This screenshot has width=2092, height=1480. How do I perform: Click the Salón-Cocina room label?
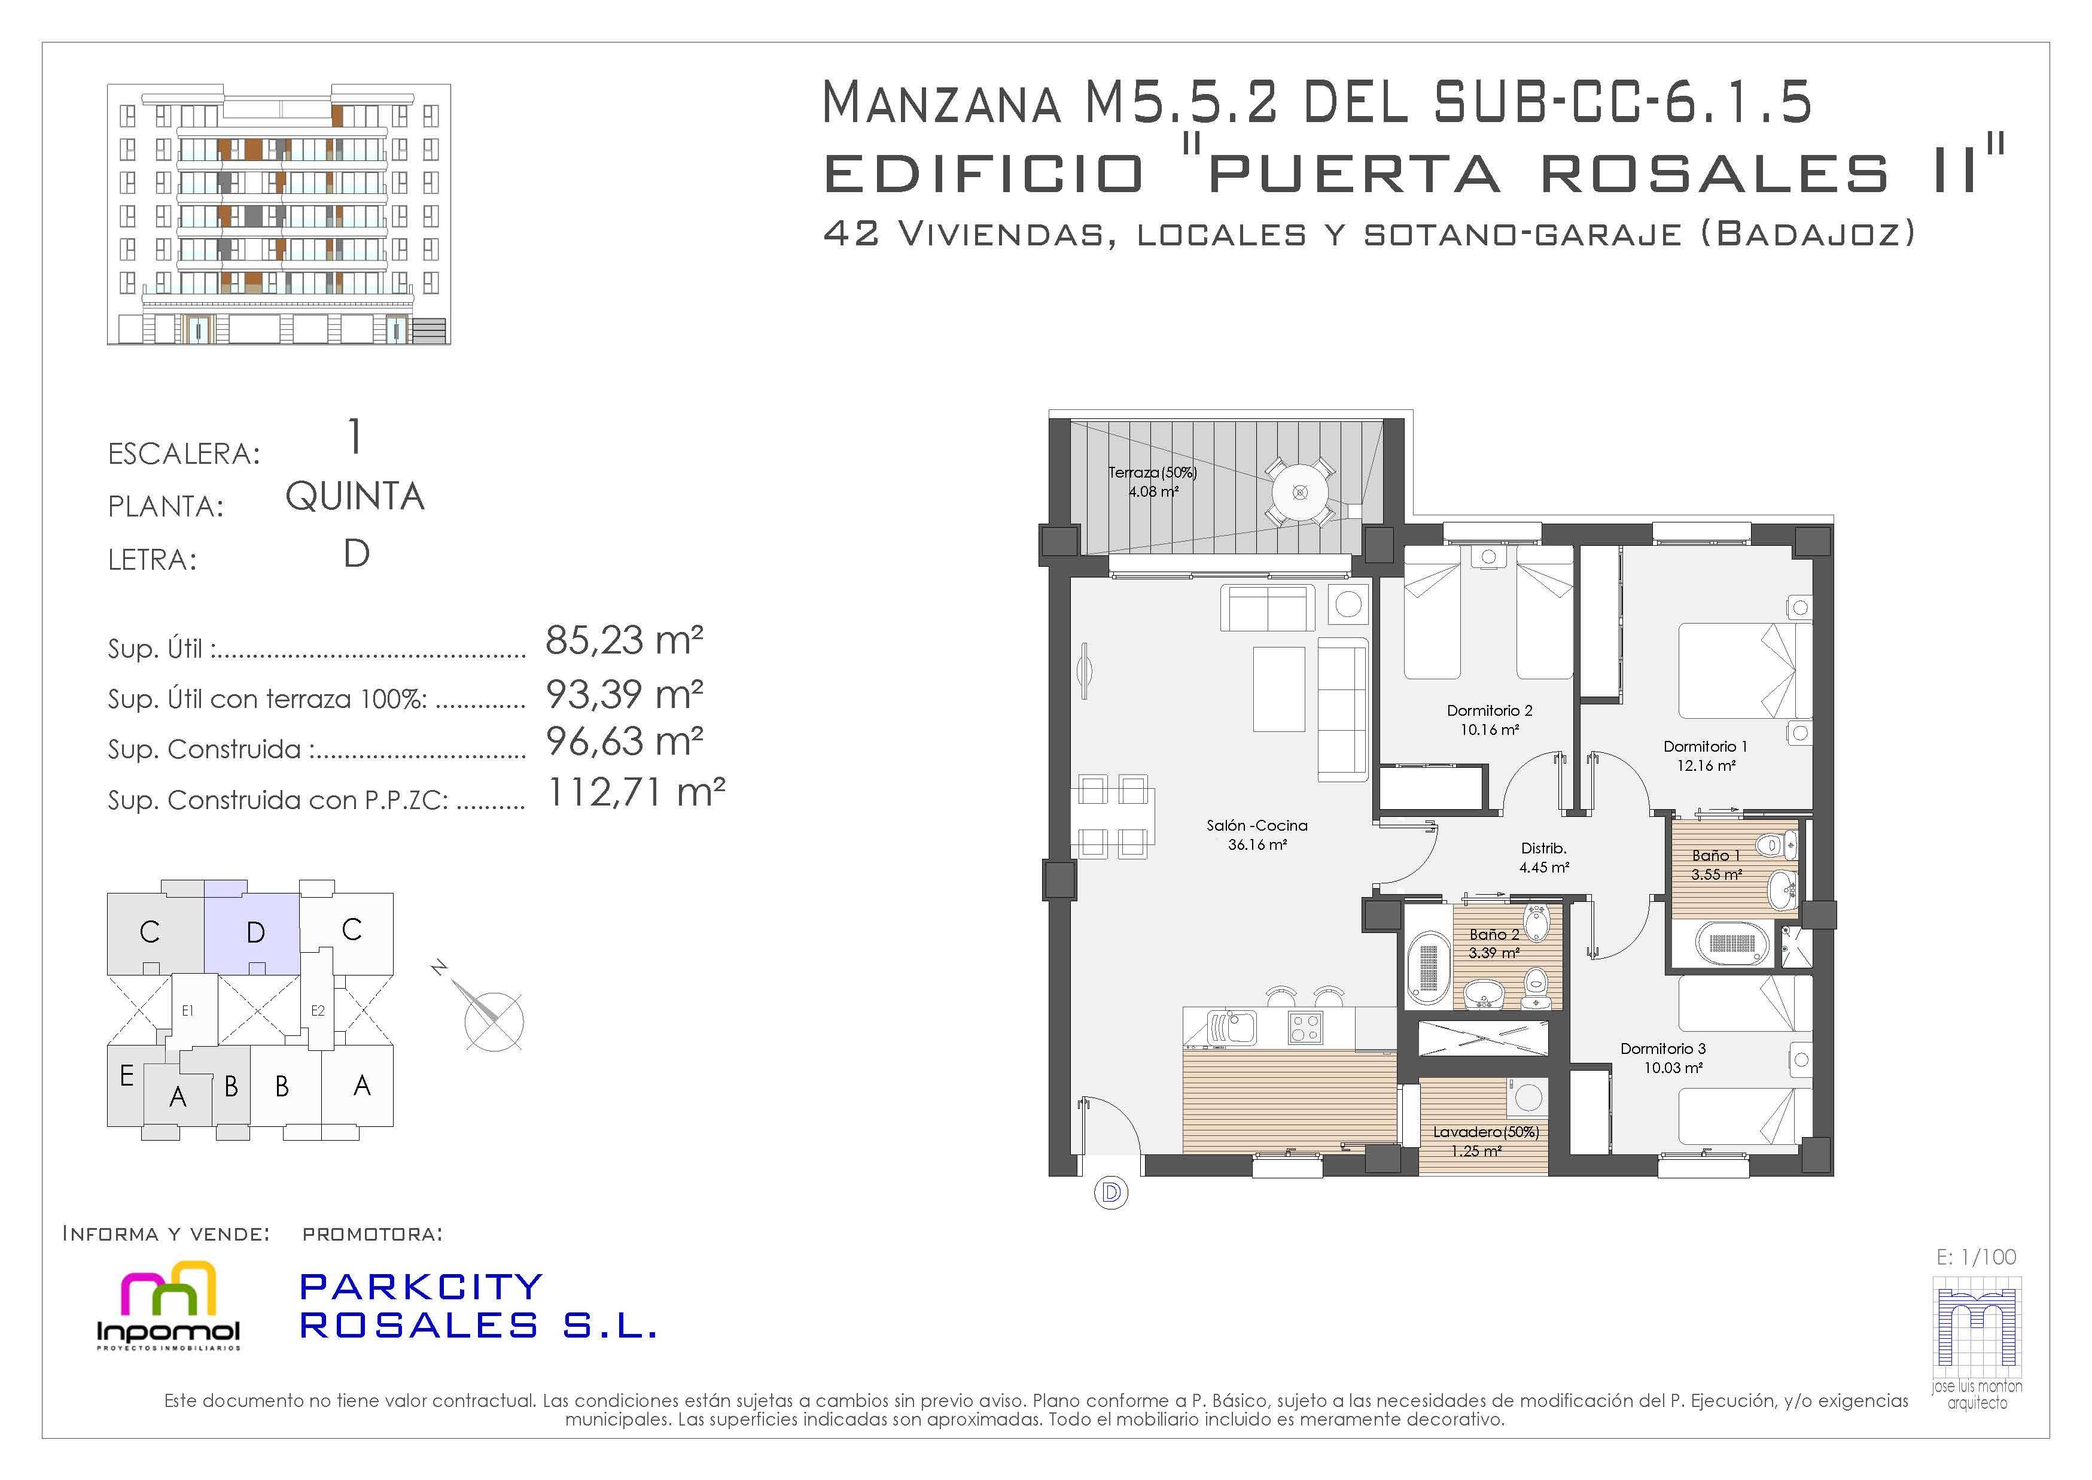tap(1256, 826)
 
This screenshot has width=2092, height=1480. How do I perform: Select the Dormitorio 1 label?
tap(1705, 746)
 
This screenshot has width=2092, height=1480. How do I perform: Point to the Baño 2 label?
tap(1494, 934)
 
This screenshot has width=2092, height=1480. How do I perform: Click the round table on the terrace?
tap(1300, 492)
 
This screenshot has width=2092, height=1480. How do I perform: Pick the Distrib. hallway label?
tap(1543, 849)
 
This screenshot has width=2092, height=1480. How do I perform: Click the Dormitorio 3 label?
tap(1663, 1049)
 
